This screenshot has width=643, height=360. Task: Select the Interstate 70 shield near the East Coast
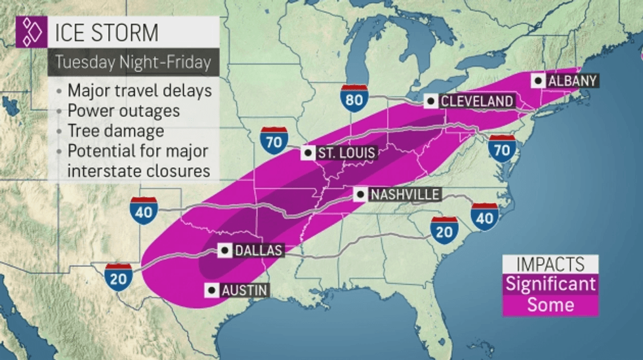pyautogui.click(x=502, y=148)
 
